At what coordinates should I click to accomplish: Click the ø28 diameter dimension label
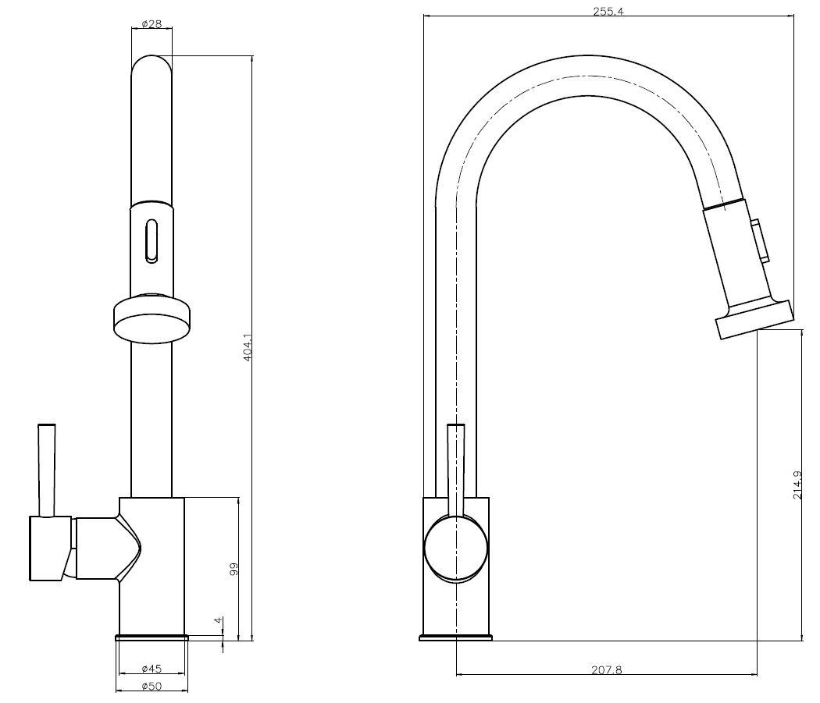click(152, 24)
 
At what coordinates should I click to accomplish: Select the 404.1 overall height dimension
click(248, 347)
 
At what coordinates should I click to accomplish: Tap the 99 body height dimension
click(234, 569)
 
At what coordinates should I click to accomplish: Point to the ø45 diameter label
click(152, 669)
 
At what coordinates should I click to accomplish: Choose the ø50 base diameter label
click(152, 687)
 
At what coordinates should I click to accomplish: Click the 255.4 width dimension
click(608, 12)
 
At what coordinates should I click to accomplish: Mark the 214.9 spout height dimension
click(797, 485)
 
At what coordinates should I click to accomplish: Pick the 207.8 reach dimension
click(607, 669)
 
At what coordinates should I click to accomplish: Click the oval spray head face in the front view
click(152, 328)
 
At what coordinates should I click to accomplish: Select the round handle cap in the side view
click(456, 549)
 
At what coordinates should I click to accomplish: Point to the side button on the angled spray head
click(761, 240)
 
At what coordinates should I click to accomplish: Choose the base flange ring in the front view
click(152, 637)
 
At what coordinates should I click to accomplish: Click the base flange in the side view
click(456, 637)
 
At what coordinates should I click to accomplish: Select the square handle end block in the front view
click(50, 549)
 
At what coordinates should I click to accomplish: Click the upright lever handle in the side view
click(456, 470)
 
